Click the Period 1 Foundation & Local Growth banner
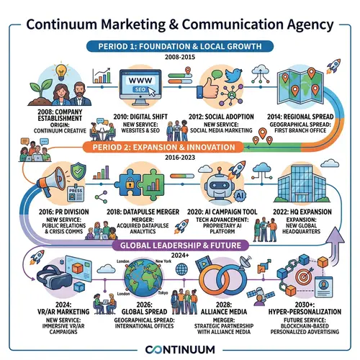click(x=180, y=46)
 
